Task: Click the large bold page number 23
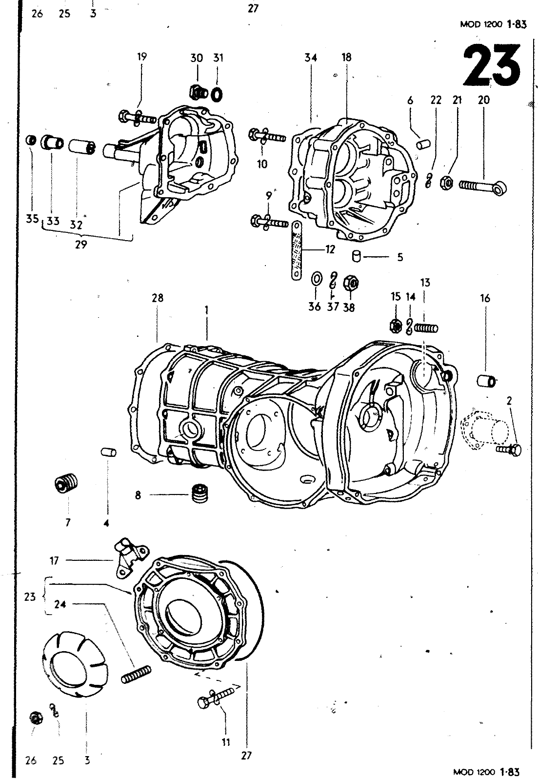[492, 66]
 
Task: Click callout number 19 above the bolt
[141, 57]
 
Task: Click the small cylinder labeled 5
[357, 255]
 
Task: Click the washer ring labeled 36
[316, 279]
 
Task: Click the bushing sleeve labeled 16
[486, 380]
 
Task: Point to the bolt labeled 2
[509, 449]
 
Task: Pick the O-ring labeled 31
[218, 92]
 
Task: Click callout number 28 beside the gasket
[158, 297]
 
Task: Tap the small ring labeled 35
[30, 141]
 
